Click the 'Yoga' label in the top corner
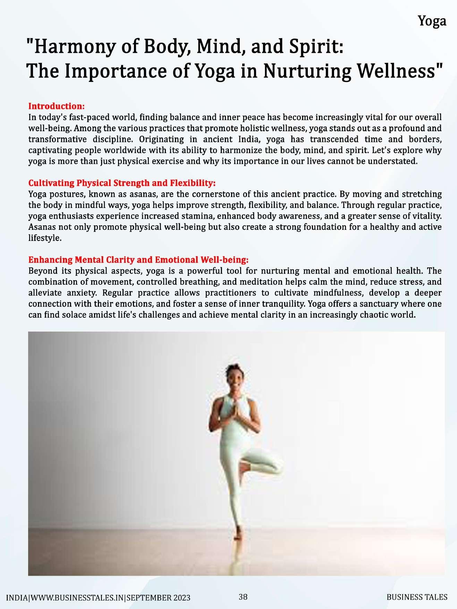point(432,22)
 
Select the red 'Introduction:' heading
point(57,106)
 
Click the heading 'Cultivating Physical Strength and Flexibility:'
point(122,183)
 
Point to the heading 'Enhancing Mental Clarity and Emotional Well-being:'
point(138,260)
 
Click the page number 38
point(243,597)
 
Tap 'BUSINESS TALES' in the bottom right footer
point(417,597)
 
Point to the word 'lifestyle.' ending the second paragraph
point(45,238)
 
